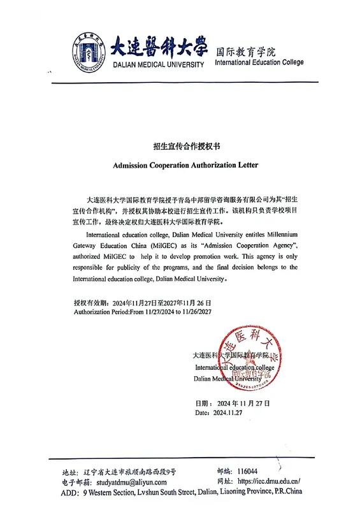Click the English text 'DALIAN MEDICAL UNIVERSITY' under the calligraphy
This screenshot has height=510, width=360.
pos(159,65)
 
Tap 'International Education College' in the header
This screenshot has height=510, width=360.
pos(259,62)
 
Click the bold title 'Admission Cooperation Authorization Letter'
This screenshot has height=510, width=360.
pos(180,164)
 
